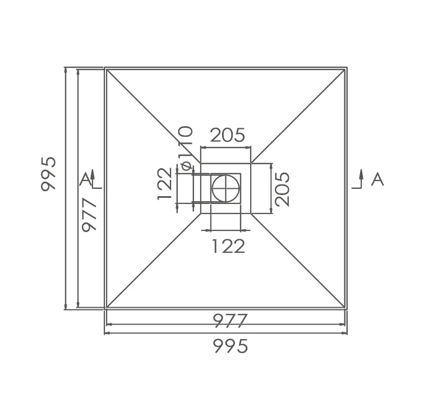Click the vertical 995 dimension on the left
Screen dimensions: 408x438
49,173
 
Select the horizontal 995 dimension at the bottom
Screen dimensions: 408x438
230,347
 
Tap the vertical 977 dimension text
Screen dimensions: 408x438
89,214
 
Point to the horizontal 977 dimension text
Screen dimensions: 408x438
230,321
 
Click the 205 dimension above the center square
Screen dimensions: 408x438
228,135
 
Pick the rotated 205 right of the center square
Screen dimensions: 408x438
283,189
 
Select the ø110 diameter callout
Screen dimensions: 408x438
186,147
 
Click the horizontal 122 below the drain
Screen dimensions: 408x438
228,246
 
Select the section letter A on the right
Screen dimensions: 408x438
377,179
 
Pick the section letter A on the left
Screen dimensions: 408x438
85,179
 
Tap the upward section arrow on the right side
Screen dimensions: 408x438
361,177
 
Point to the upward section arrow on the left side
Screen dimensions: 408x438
94,177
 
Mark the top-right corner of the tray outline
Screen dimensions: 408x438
347,68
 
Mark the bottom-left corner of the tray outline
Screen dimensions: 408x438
105,309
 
